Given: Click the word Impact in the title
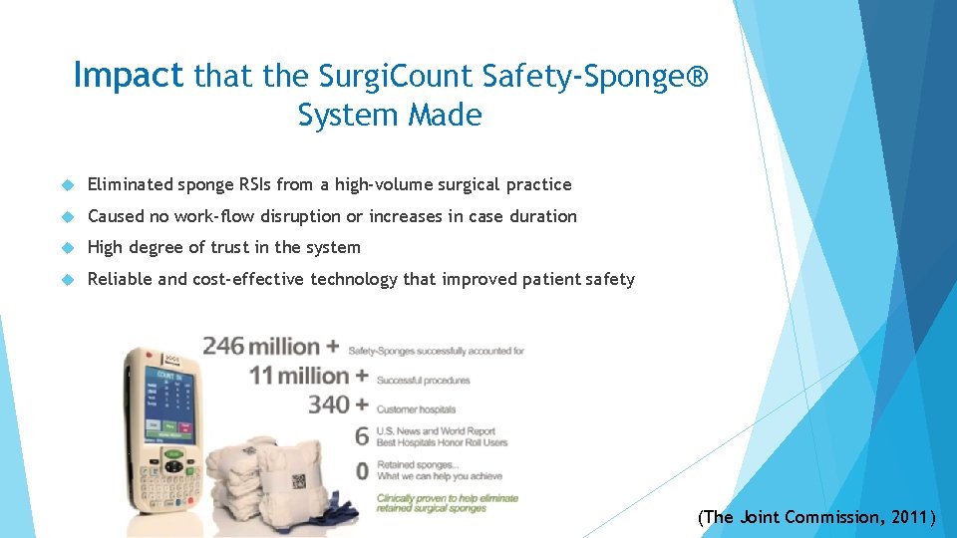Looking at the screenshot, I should point(129,75).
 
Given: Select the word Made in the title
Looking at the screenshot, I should point(449,116).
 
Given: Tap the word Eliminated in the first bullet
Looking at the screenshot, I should point(130,184).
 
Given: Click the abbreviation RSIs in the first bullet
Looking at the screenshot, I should point(254,184).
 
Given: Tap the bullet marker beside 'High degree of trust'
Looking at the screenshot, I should point(69,248).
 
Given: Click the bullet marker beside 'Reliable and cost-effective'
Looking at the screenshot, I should point(69,280).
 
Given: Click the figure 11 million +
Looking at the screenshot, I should point(308,377).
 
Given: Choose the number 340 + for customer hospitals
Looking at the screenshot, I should point(338,405).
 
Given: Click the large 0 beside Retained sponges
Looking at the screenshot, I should point(361,470).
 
